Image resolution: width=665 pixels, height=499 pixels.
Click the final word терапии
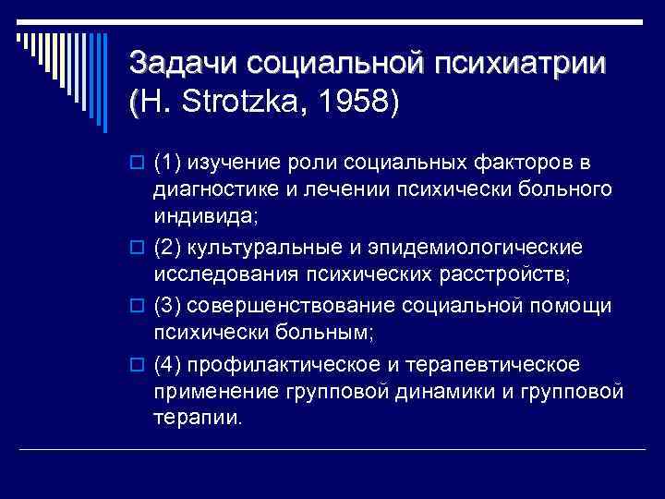click(198, 419)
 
